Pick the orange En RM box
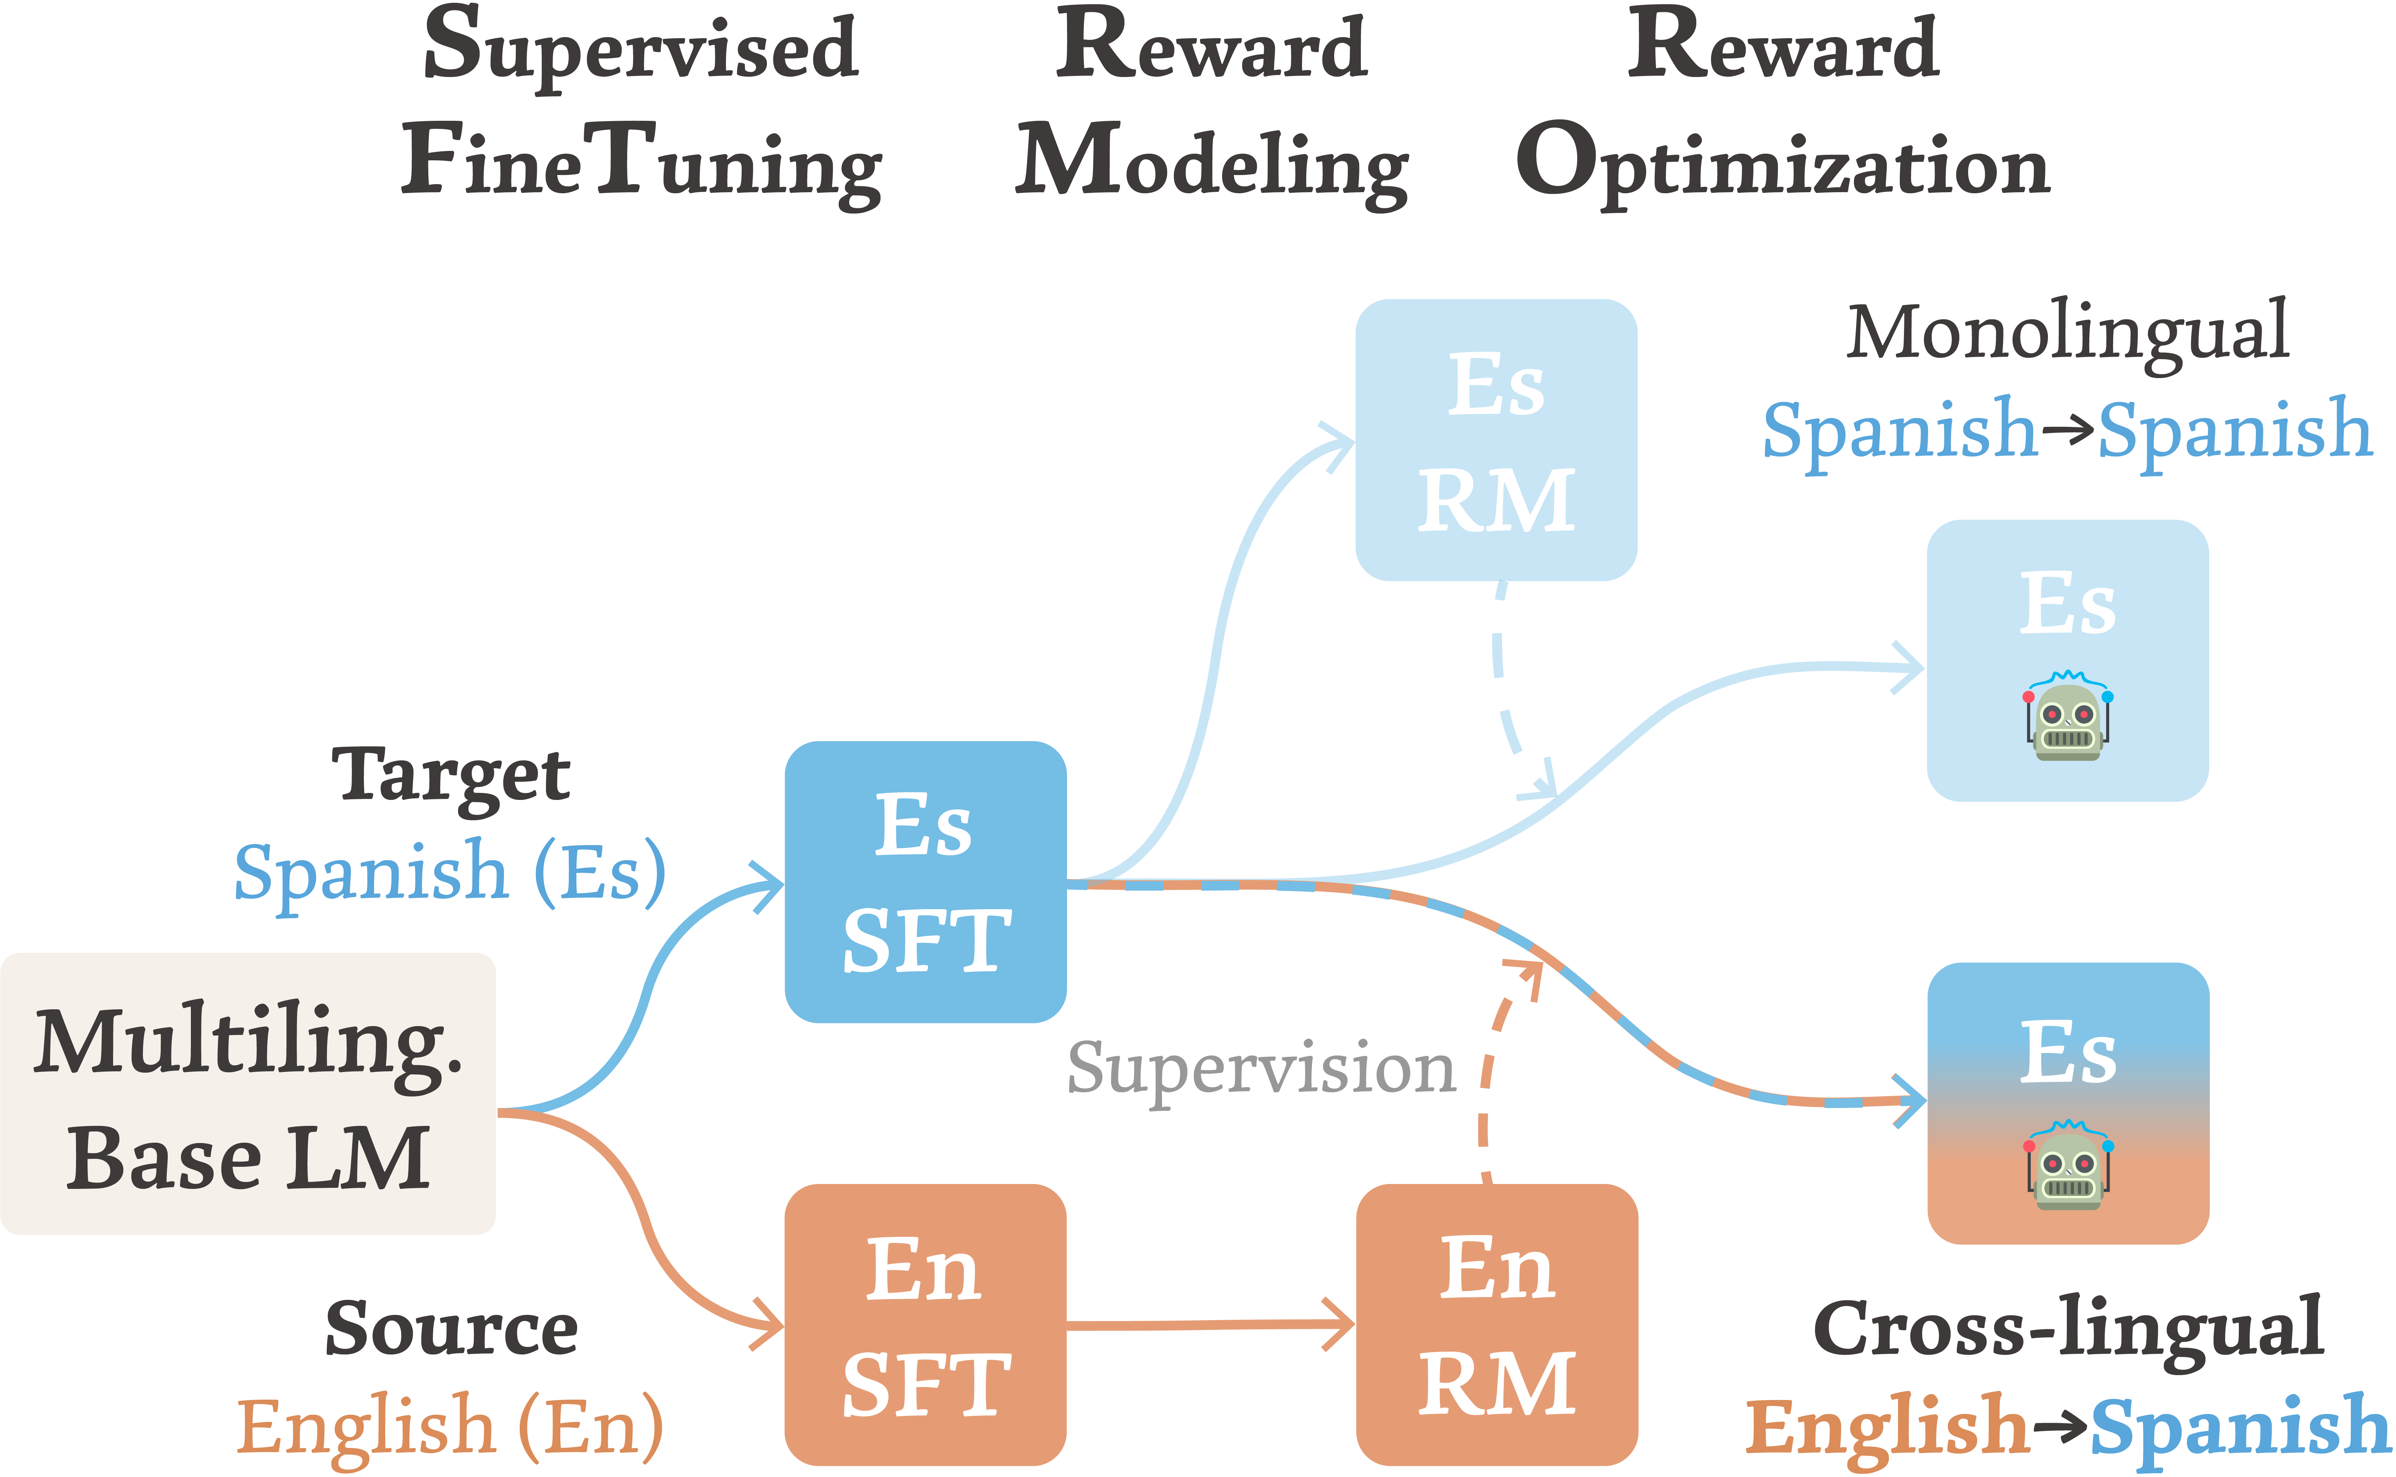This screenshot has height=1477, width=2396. click(x=1496, y=1325)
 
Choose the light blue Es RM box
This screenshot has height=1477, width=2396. click(x=1496, y=440)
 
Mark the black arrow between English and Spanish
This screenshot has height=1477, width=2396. click(x=2060, y=1426)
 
